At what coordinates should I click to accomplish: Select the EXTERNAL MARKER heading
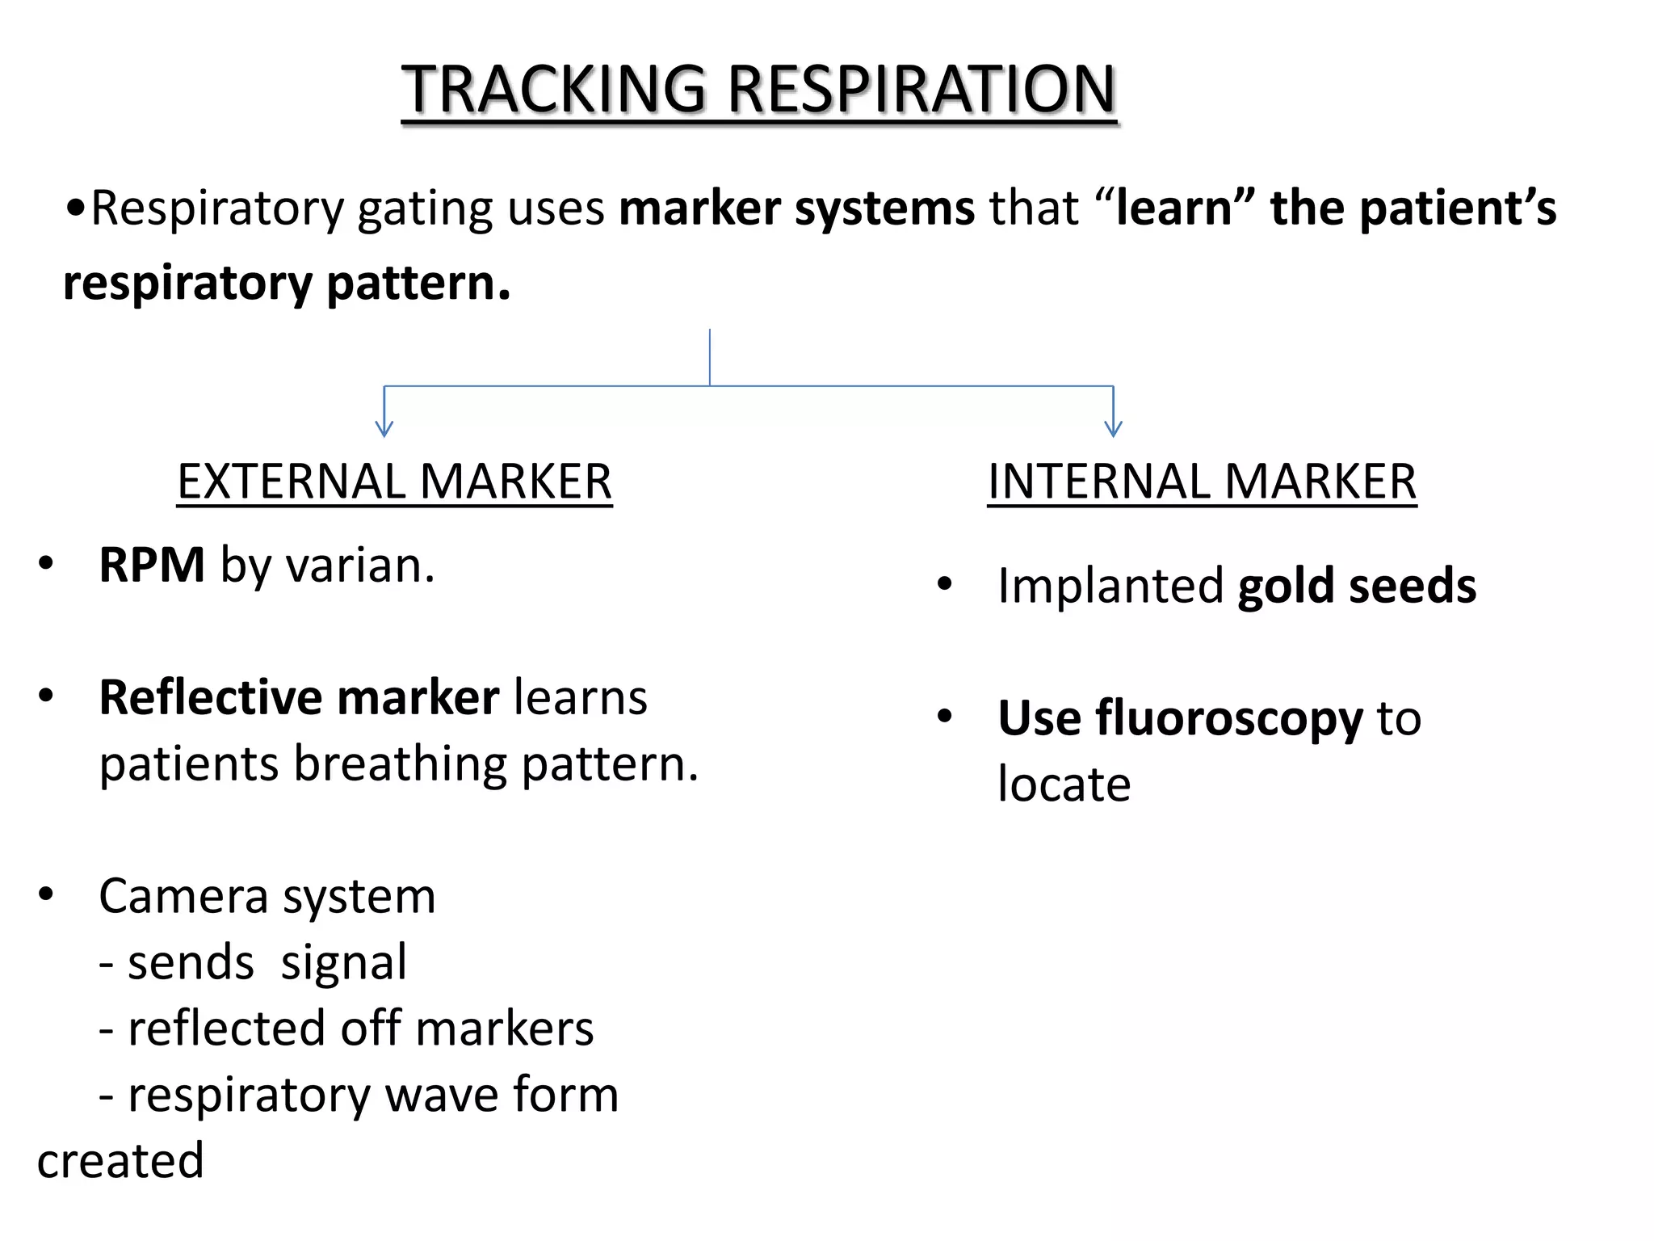pos(394,482)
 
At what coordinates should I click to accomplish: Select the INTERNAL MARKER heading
pos(1202,482)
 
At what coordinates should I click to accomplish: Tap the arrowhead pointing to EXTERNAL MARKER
pos(384,428)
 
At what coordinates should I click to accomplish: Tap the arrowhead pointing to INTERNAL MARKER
pos(1113,428)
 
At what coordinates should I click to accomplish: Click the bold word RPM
pos(151,565)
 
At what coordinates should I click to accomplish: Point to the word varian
pos(359,565)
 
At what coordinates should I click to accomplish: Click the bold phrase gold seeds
pos(1356,586)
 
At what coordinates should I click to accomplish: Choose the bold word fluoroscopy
pos(1228,718)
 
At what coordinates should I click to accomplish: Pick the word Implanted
pos(1110,586)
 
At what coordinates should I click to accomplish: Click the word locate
pos(1064,785)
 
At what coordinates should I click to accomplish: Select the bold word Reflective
pos(210,697)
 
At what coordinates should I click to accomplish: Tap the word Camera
pos(183,896)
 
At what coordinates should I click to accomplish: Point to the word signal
pos(343,963)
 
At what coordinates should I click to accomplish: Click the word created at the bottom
pos(120,1161)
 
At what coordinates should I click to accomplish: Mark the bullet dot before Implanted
pos(944,583)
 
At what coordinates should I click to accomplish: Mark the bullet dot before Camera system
pos(46,894)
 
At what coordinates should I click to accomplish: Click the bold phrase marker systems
pos(796,208)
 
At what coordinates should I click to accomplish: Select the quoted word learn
pos(1173,208)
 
